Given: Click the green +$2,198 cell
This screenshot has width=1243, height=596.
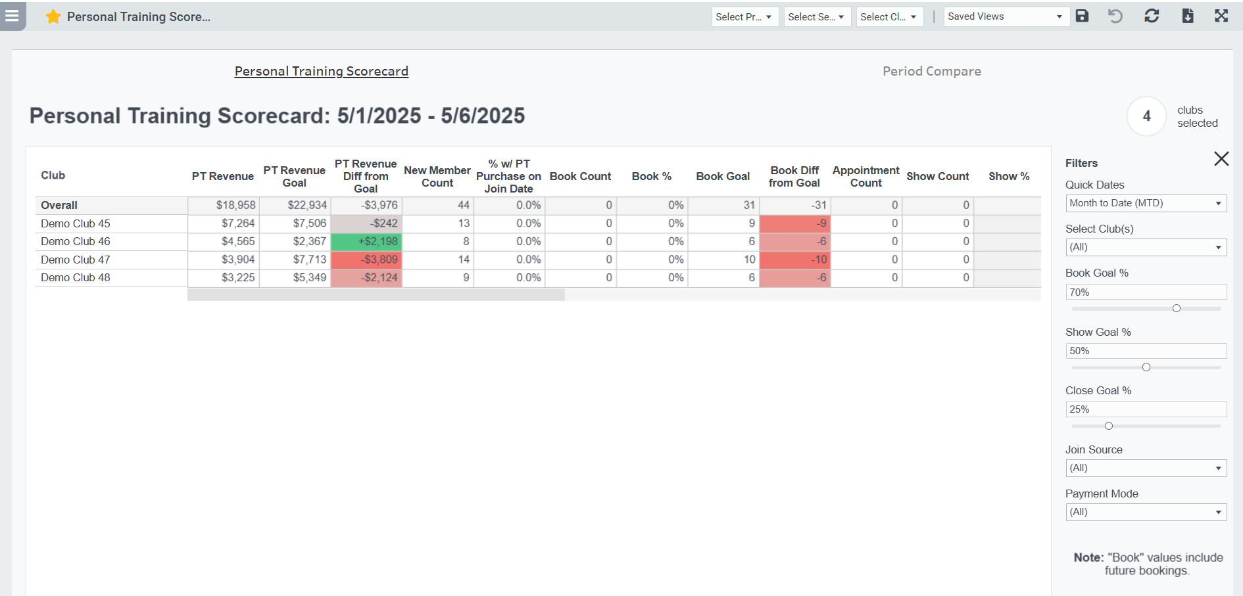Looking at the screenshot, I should (x=366, y=242).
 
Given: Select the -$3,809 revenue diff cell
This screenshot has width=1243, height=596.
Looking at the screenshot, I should (x=366, y=260).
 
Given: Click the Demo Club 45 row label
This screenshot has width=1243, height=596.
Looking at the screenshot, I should (x=76, y=223).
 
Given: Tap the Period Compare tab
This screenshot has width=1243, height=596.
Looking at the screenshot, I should (x=931, y=71).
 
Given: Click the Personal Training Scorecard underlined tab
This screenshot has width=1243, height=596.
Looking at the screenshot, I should (x=321, y=71).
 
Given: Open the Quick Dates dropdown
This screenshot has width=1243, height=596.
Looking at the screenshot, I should (x=1145, y=203).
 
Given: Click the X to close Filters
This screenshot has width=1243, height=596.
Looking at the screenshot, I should (x=1221, y=158).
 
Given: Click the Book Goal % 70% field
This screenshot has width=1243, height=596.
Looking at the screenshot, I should (x=1145, y=292).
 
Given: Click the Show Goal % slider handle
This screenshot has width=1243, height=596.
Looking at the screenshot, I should (x=1146, y=367).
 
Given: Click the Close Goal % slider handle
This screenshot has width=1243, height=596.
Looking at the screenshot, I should (x=1108, y=426).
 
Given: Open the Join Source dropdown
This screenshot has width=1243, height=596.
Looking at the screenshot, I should (x=1145, y=468).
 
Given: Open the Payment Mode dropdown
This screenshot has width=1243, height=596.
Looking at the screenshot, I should (x=1145, y=512).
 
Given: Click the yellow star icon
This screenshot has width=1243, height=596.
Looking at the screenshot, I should (x=53, y=16).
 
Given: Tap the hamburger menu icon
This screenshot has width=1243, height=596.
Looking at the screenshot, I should (x=12, y=15).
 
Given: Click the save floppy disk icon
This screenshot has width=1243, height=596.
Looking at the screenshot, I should (x=1082, y=16).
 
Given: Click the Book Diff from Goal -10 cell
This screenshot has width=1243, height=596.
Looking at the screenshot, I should (x=794, y=260).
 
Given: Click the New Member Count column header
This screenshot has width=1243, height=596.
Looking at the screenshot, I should (x=437, y=176).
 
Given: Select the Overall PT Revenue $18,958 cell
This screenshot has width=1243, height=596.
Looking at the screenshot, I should (x=224, y=205).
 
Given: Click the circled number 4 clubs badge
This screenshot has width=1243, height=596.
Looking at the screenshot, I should (x=1146, y=116).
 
